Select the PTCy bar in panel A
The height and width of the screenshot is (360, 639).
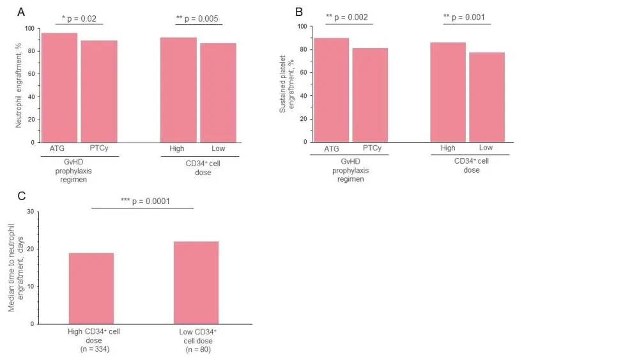click(99, 91)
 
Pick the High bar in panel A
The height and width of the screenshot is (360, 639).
click(178, 90)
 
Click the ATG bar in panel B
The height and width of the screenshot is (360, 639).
click(331, 90)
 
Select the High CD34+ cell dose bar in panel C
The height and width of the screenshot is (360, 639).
click(91, 288)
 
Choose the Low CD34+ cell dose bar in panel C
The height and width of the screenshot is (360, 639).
click(196, 283)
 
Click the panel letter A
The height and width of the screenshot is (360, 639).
click(21, 12)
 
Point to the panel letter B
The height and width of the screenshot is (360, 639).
click(298, 12)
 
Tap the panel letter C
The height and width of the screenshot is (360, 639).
click(22, 196)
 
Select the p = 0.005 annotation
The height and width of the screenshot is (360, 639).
click(199, 19)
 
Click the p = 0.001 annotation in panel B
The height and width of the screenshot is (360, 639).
click(467, 17)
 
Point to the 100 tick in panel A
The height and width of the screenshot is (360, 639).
click(29, 28)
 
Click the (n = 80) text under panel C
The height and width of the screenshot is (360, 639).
click(197, 349)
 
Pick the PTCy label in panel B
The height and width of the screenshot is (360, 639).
click(373, 148)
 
